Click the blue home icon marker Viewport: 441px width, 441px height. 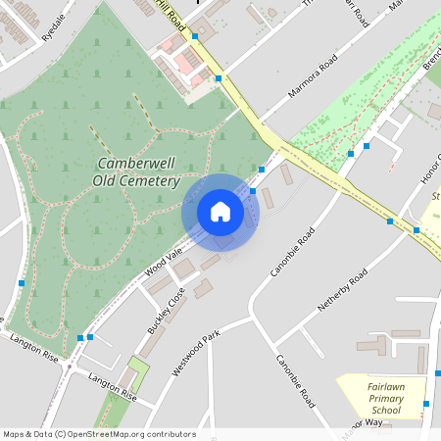click(220, 212)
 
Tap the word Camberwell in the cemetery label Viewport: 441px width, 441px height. click(138, 164)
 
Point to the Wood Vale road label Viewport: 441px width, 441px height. click(164, 261)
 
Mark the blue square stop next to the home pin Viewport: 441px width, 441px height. click(252, 191)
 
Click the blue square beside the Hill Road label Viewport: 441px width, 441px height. click(195, 35)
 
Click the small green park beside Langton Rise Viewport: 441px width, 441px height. click(137, 373)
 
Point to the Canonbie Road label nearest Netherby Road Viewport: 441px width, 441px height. click(291, 251)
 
